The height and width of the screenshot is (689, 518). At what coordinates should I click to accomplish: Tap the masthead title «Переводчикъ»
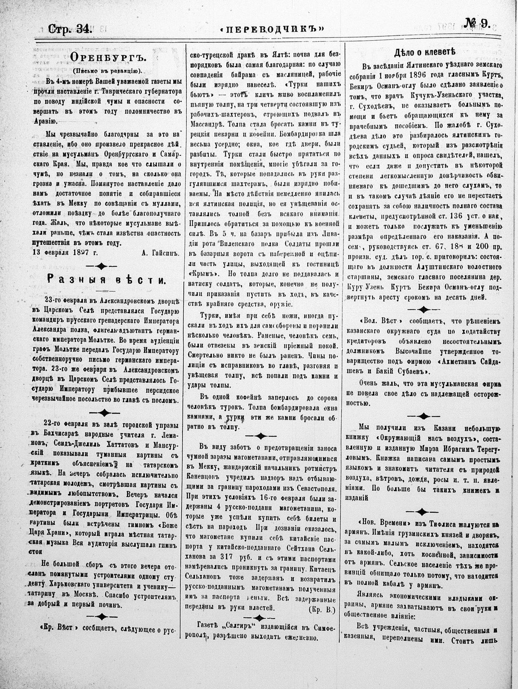click(x=272, y=29)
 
